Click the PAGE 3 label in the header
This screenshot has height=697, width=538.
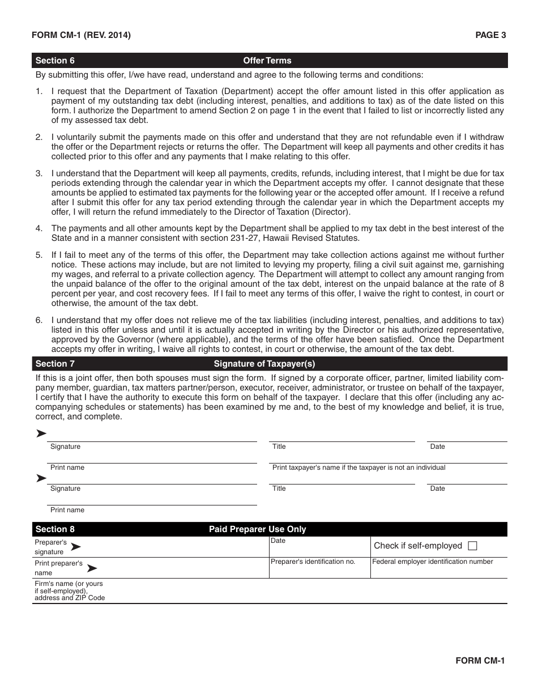coord(490,35)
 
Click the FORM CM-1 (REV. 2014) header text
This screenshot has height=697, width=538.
coord(81,35)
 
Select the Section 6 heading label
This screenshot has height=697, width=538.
coord(55,61)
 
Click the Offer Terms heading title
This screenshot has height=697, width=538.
coord(267,61)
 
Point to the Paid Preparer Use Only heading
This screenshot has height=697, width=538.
coord(257,529)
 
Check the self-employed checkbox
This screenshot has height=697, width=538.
coord(473,546)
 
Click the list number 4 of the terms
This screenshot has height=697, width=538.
coord(39,228)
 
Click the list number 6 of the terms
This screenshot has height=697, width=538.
coord(39,320)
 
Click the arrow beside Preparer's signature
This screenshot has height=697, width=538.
coord(75,547)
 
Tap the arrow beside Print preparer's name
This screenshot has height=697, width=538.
coord(91,568)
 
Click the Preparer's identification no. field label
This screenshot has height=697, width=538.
coord(313,562)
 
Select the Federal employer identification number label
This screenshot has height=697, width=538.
coord(433,562)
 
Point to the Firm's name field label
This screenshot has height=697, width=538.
coord(69,590)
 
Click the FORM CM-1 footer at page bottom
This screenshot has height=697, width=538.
coord(480,660)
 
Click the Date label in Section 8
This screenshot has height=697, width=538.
coord(278,541)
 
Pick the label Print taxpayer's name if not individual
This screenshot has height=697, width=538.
coord(358,467)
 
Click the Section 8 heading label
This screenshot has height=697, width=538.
coord(55,529)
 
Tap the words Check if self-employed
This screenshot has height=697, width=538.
coord(418,546)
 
